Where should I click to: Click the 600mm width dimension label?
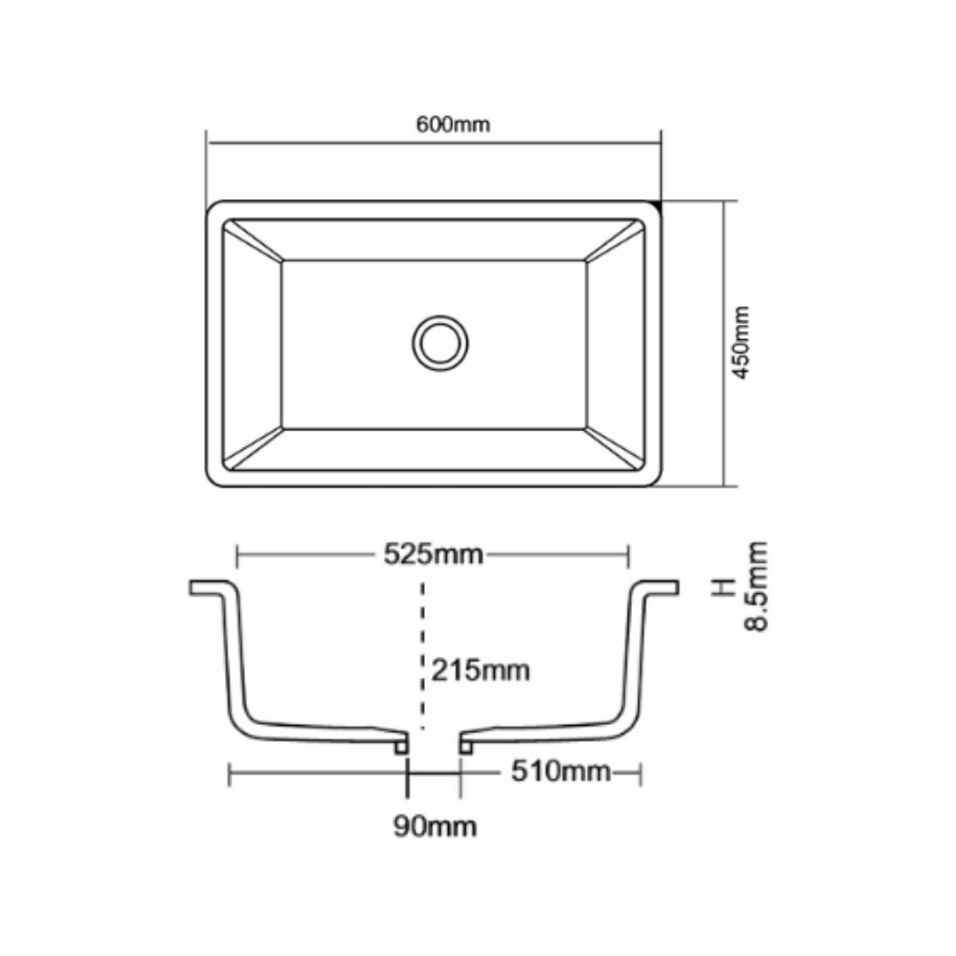pyautogui.click(x=452, y=125)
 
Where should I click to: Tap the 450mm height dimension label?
pyautogui.click(x=741, y=343)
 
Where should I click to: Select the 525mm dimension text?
pyautogui.click(x=434, y=554)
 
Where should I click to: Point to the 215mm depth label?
pyautogui.click(x=481, y=671)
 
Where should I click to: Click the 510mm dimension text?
pyautogui.click(x=560, y=771)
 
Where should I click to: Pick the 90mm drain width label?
pyautogui.click(x=435, y=827)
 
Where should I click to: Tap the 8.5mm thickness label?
pyautogui.click(x=757, y=587)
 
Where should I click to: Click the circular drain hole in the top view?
pyautogui.click(x=440, y=343)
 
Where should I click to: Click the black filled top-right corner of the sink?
pyautogui.click(x=657, y=205)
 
